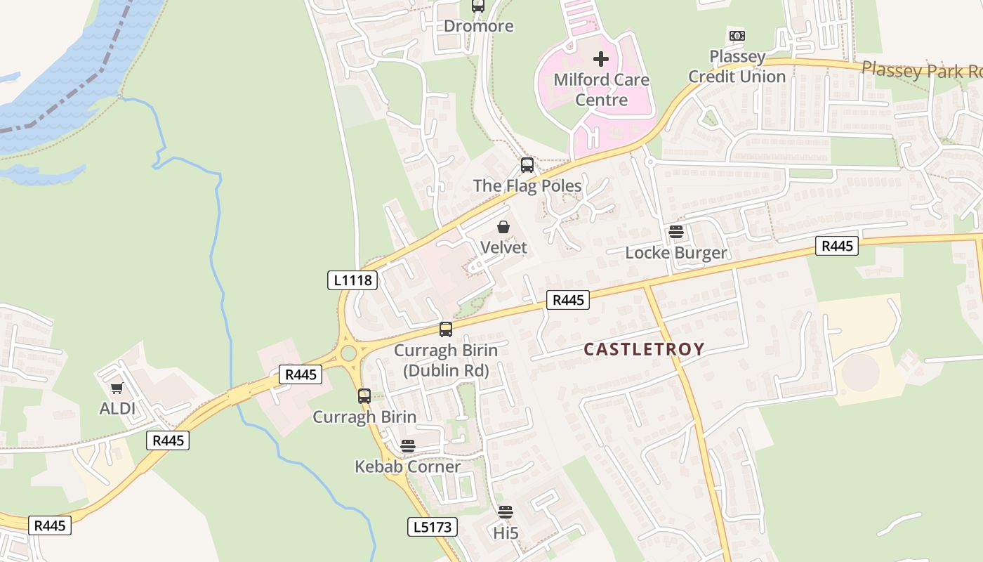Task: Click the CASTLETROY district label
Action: (644, 349)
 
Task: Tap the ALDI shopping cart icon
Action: (117, 388)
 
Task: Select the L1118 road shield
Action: (352, 280)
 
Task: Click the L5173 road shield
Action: (432, 526)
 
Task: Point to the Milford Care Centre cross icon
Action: (601, 59)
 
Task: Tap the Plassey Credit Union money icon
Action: (737, 36)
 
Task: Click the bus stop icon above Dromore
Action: (478, 6)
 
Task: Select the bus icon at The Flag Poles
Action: (527, 165)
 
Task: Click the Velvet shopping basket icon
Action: (503, 227)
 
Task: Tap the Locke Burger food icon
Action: (675, 232)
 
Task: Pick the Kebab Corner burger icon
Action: (407, 446)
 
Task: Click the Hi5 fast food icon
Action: (505, 512)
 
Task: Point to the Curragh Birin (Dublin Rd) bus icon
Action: (446, 329)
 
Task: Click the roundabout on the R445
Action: (348, 353)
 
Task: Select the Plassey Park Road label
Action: (920, 70)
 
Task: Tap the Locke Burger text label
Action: (675, 253)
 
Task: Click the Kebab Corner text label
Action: (407, 466)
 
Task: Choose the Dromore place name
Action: (478, 26)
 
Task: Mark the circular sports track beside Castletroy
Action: (860, 372)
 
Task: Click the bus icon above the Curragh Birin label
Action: (364, 396)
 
